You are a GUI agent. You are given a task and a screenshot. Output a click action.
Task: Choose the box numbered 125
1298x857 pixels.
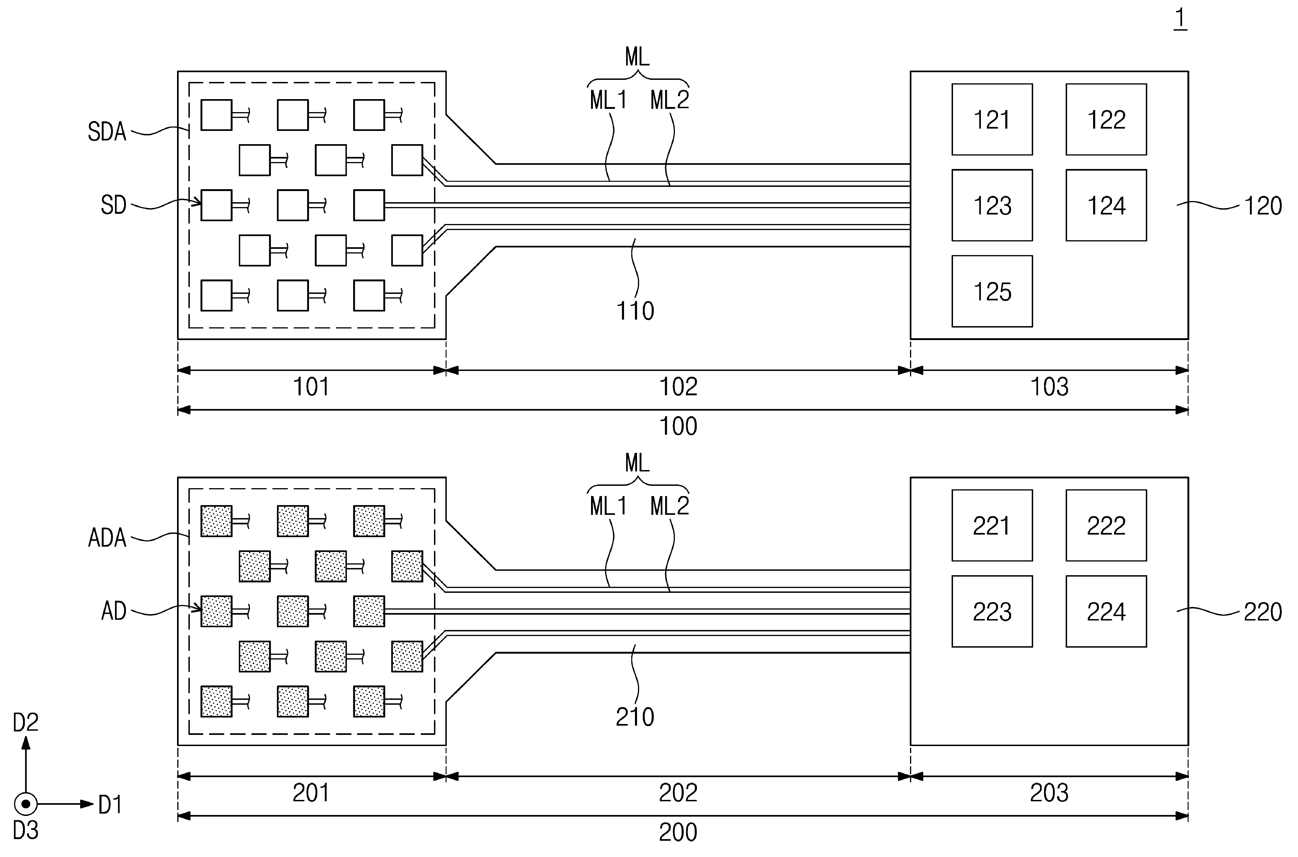[x=992, y=291]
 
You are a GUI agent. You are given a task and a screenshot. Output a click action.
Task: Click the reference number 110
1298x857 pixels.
[x=635, y=311]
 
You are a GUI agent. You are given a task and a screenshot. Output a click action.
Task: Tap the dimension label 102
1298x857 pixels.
[x=678, y=387]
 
